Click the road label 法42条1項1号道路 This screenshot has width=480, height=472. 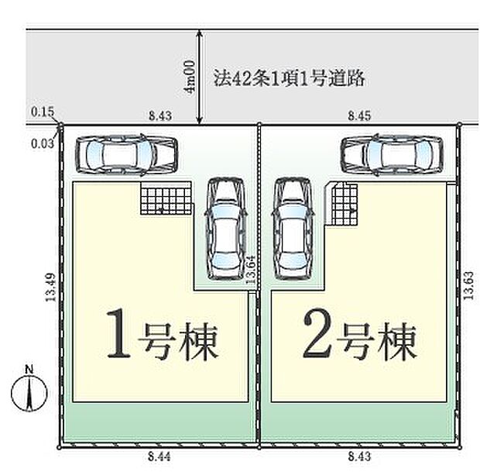[289, 78]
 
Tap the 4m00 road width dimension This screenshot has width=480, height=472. [188, 78]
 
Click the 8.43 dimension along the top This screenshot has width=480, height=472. [160, 115]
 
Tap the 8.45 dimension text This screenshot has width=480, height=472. [358, 115]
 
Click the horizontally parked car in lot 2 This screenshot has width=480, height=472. [393, 153]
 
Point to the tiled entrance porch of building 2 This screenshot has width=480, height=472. [344, 202]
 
